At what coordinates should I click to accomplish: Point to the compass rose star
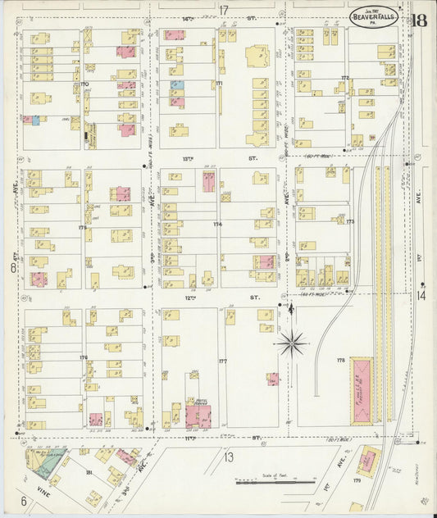[x=292, y=342]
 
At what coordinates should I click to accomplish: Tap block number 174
[x=217, y=224]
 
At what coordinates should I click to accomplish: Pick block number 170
[x=84, y=84]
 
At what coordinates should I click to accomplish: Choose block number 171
[x=219, y=84]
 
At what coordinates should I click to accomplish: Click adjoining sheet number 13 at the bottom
[x=230, y=457]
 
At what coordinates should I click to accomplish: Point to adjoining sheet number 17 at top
[x=224, y=9]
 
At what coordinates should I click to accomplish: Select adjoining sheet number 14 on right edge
[x=421, y=295]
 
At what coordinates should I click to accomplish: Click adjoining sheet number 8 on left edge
[x=12, y=267]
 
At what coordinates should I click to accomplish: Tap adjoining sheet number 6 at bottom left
[x=24, y=500]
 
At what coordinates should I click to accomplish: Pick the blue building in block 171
[x=176, y=84]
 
